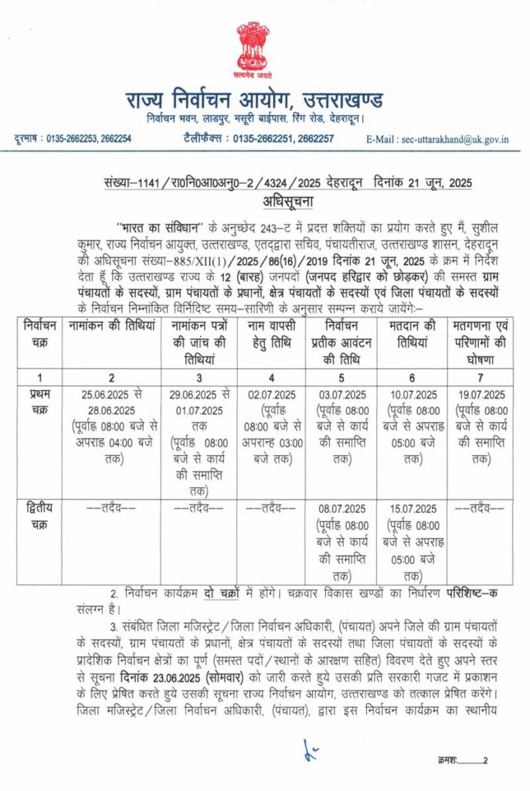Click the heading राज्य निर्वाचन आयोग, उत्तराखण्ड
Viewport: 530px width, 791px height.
[265, 101]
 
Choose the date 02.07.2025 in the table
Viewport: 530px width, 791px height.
[270, 395]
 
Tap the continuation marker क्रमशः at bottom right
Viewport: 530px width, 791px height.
[450, 761]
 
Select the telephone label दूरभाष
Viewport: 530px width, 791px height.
[28, 139]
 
